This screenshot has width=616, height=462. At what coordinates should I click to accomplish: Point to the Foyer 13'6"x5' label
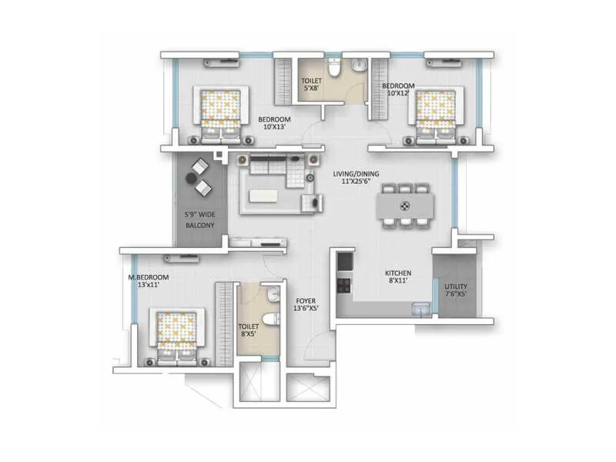(306, 304)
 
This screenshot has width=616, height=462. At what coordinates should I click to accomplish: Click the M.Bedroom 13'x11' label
(149, 281)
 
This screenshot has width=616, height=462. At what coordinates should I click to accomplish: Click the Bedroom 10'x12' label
(400, 89)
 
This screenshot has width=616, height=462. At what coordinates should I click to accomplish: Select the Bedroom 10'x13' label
(274, 123)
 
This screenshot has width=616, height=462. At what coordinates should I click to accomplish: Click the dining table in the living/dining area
(405, 206)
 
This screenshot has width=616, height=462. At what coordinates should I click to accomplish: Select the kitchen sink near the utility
(420, 309)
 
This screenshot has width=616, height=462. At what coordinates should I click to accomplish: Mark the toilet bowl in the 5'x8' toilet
(333, 70)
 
